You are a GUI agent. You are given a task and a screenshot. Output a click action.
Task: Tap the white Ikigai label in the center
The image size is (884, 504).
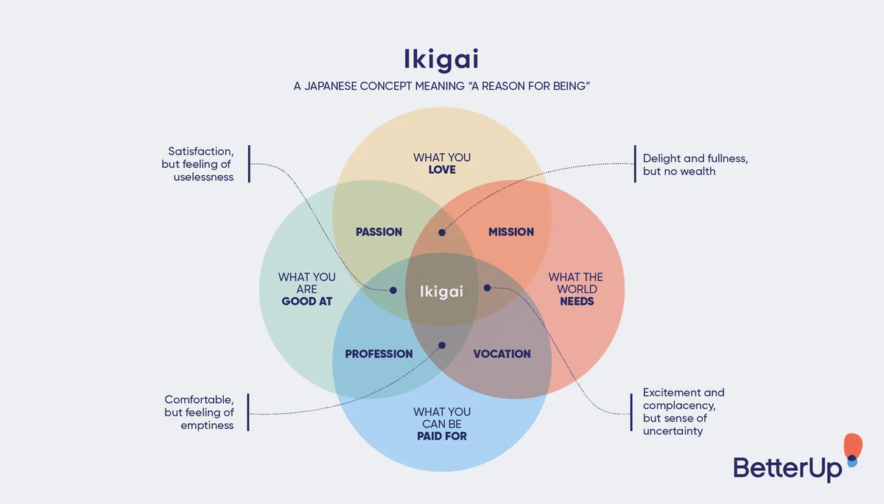click(441, 291)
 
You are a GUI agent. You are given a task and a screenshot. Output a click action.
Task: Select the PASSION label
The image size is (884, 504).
click(379, 232)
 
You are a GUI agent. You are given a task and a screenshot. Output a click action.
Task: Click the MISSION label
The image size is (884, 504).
click(511, 232)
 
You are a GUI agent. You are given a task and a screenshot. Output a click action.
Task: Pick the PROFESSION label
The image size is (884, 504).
click(379, 354)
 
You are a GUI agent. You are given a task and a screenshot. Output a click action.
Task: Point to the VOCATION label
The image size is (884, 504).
click(502, 354)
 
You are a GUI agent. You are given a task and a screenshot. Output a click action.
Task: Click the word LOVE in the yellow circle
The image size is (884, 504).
click(442, 170)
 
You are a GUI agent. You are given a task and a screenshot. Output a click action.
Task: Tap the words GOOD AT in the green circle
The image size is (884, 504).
click(307, 302)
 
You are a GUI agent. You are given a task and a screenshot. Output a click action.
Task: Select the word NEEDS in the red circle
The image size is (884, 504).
click(576, 302)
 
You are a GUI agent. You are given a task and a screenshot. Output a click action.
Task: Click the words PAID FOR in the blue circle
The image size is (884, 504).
click(441, 436)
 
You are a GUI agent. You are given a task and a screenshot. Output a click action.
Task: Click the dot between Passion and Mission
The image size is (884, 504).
click(442, 233)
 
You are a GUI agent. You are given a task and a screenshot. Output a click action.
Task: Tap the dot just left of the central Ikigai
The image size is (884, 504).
click(393, 291)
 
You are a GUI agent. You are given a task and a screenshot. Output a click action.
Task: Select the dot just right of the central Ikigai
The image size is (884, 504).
click(487, 288)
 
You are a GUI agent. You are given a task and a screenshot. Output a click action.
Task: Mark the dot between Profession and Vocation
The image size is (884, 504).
click(442, 345)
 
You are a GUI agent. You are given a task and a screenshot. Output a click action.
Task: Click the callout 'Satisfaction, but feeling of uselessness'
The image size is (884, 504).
click(197, 164)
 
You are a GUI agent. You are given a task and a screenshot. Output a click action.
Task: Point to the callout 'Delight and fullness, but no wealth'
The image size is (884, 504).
click(695, 164)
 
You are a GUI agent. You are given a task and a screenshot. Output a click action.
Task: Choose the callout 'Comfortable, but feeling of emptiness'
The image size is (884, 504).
click(199, 413)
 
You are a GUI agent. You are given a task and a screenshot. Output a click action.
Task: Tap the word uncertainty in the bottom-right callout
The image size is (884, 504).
click(673, 431)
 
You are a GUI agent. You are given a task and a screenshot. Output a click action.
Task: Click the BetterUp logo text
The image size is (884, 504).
click(787, 467)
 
